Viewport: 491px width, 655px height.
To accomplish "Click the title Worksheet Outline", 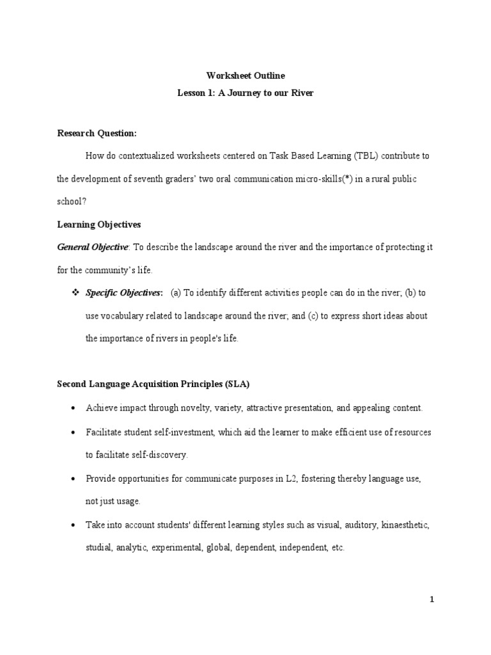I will pos(245,76).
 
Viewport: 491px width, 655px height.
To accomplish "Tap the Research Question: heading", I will pos(97,133).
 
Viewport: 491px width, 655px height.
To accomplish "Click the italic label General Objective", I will pos(93,248).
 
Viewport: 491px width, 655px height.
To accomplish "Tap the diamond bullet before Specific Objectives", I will pos(73,293).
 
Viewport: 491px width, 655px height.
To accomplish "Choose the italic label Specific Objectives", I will pos(124,293).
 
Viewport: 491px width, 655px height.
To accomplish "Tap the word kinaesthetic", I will pos(405,525).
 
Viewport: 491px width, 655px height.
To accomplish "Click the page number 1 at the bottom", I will pos(432,600).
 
